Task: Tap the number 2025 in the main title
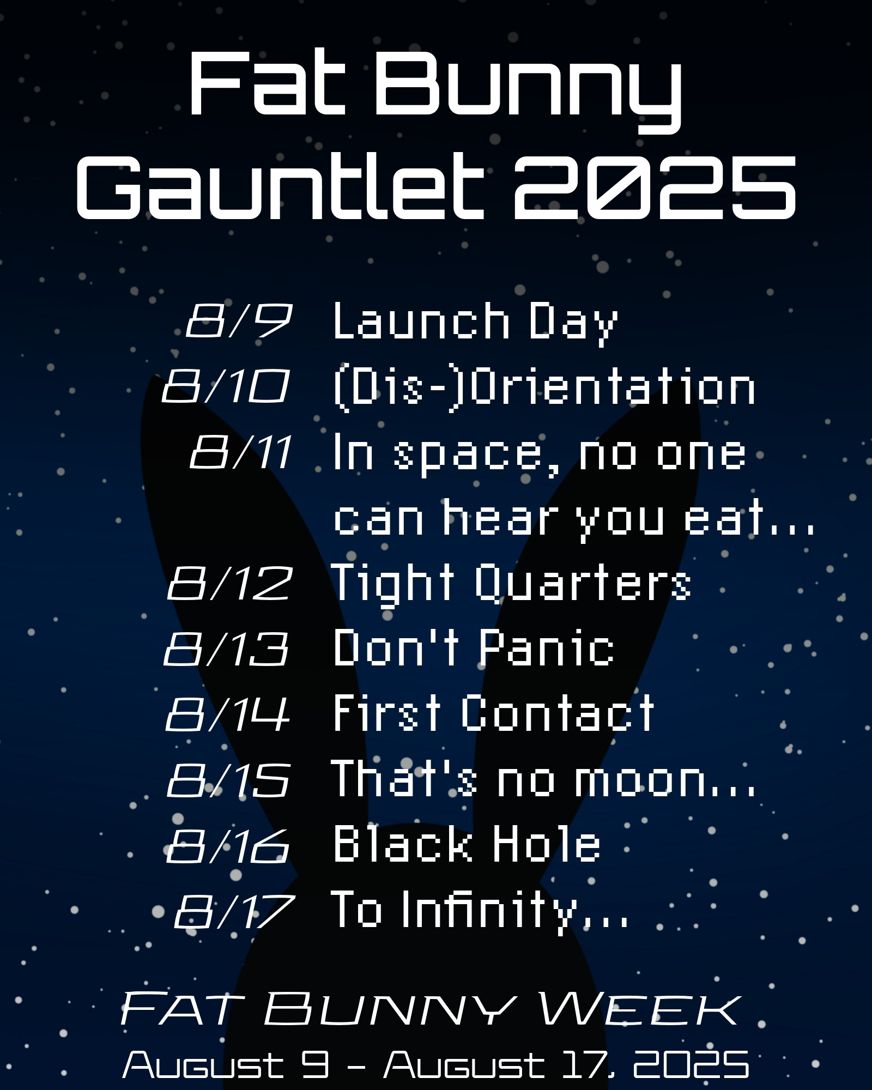click(x=654, y=186)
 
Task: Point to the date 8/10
click(x=225, y=386)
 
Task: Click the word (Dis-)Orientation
click(x=544, y=389)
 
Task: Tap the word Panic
click(x=547, y=647)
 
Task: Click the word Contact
click(x=558, y=713)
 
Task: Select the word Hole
click(x=547, y=844)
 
